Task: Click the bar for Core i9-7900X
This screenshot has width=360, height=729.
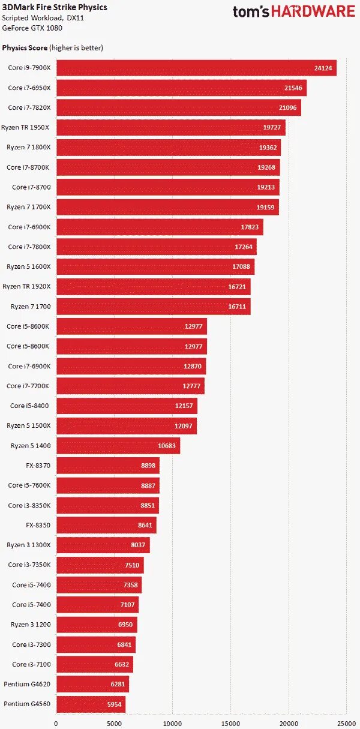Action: click(196, 68)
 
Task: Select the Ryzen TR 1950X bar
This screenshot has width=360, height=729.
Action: click(170, 127)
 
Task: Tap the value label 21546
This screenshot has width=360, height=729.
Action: click(295, 88)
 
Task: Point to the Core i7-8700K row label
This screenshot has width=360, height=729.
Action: click(28, 167)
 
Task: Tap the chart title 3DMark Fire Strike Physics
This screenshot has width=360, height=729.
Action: click(55, 7)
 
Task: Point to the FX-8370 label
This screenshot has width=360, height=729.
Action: click(38, 465)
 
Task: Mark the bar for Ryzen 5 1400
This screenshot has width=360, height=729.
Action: click(118, 445)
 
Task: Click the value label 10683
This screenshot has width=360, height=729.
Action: click(167, 445)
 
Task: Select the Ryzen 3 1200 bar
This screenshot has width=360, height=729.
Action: click(97, 624)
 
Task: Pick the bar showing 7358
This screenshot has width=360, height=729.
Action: click(98, 584)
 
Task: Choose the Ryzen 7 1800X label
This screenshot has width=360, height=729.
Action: click(28, 147)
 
